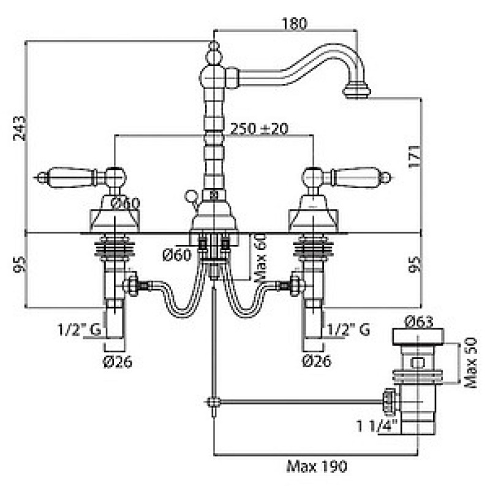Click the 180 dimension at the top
pyautogui.click(x=295, y=23)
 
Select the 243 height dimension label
pyautogui.click(x=20, y=129)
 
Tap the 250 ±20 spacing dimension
pyautogui.click(x=259, y=129)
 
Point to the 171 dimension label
pyautogui.click(x=415, y=157)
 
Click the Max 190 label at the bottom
pyautogui.click(x=317, y=467)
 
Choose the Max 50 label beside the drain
pyautogui.click(x=470, y=363)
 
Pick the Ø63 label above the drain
pyautogui.click(x=419, y=322)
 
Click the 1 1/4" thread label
pyautogui.click(x=377, y=425)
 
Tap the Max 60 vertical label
pyautogui.click(x=261, y=258)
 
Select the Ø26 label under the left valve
pyautogui.click(x=118, y=361)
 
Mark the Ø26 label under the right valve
pyautogui.click(x=317, y=361)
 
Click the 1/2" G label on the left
pyautogui.click(x=80, y=330)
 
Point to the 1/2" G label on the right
pyautogui.click(x=349, y=330)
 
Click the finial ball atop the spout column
pyautogui.click(x=214, y=56)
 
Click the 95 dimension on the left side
pyautogui.click(x=20, y=264)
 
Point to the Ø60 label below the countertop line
pyautogui.click(x=176, y=255)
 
